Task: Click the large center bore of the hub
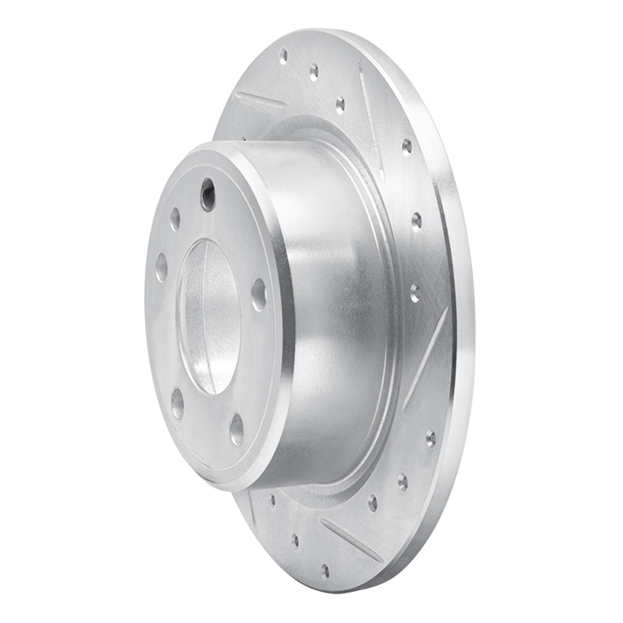pos(209,315)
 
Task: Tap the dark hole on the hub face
pos(208,194)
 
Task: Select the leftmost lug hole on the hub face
pos(161,267)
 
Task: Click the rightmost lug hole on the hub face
pos(259,294)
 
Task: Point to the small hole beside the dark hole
pos(175,219)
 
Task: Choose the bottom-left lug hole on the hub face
pos(178,403)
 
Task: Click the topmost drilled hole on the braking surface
pos(283,56)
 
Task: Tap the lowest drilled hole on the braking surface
pos(325,572)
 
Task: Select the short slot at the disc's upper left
pos(260,100)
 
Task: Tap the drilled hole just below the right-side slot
pos(431,438)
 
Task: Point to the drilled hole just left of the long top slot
pos(340,104)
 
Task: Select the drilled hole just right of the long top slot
pos(407,146)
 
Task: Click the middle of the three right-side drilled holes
pos(417,221)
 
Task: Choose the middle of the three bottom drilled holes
pos(295,540)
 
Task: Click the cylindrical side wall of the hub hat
pos(335,311)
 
